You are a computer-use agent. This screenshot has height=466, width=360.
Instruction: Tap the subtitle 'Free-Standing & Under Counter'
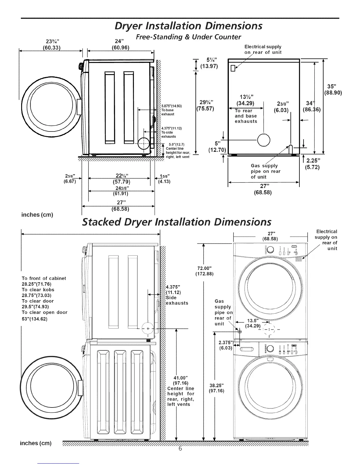pos(188,37)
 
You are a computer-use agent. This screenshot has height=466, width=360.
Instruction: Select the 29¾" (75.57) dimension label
pos(205,105)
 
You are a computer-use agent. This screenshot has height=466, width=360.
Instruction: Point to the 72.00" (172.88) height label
pos(204,271)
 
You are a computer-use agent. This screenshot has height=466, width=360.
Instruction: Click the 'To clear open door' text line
pos(44,312)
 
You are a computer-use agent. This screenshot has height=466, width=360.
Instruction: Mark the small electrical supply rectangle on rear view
pos(233,68)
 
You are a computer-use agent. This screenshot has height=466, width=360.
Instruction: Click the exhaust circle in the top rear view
pos(263,140)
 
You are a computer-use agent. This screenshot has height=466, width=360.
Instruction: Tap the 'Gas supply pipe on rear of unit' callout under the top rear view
pos(265,171)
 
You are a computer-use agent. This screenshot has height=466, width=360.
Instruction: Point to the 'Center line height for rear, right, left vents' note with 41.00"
pos(181,391)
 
